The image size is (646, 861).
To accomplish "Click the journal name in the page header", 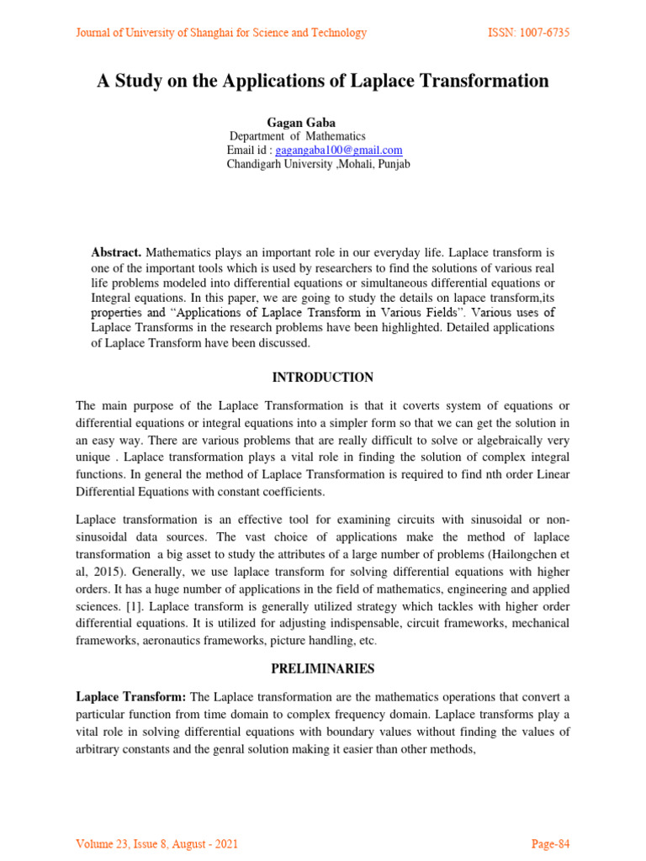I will click(x=221, y=33).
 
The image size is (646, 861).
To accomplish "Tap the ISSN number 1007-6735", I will click(x=528, y=33).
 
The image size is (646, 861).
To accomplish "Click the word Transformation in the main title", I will click(x=479, y=82).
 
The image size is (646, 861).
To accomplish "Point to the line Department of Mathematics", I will click(x=298, y=136).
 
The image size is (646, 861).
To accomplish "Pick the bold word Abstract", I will click(x=116, y=253).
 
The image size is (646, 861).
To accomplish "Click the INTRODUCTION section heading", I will click(x=323, y=378).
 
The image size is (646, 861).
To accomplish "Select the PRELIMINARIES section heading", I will click(x=323, y=669).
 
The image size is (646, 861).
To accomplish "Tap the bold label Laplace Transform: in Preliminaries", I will click(x=132, y=697).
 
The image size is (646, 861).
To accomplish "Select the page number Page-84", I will click(x=550, y=843).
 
